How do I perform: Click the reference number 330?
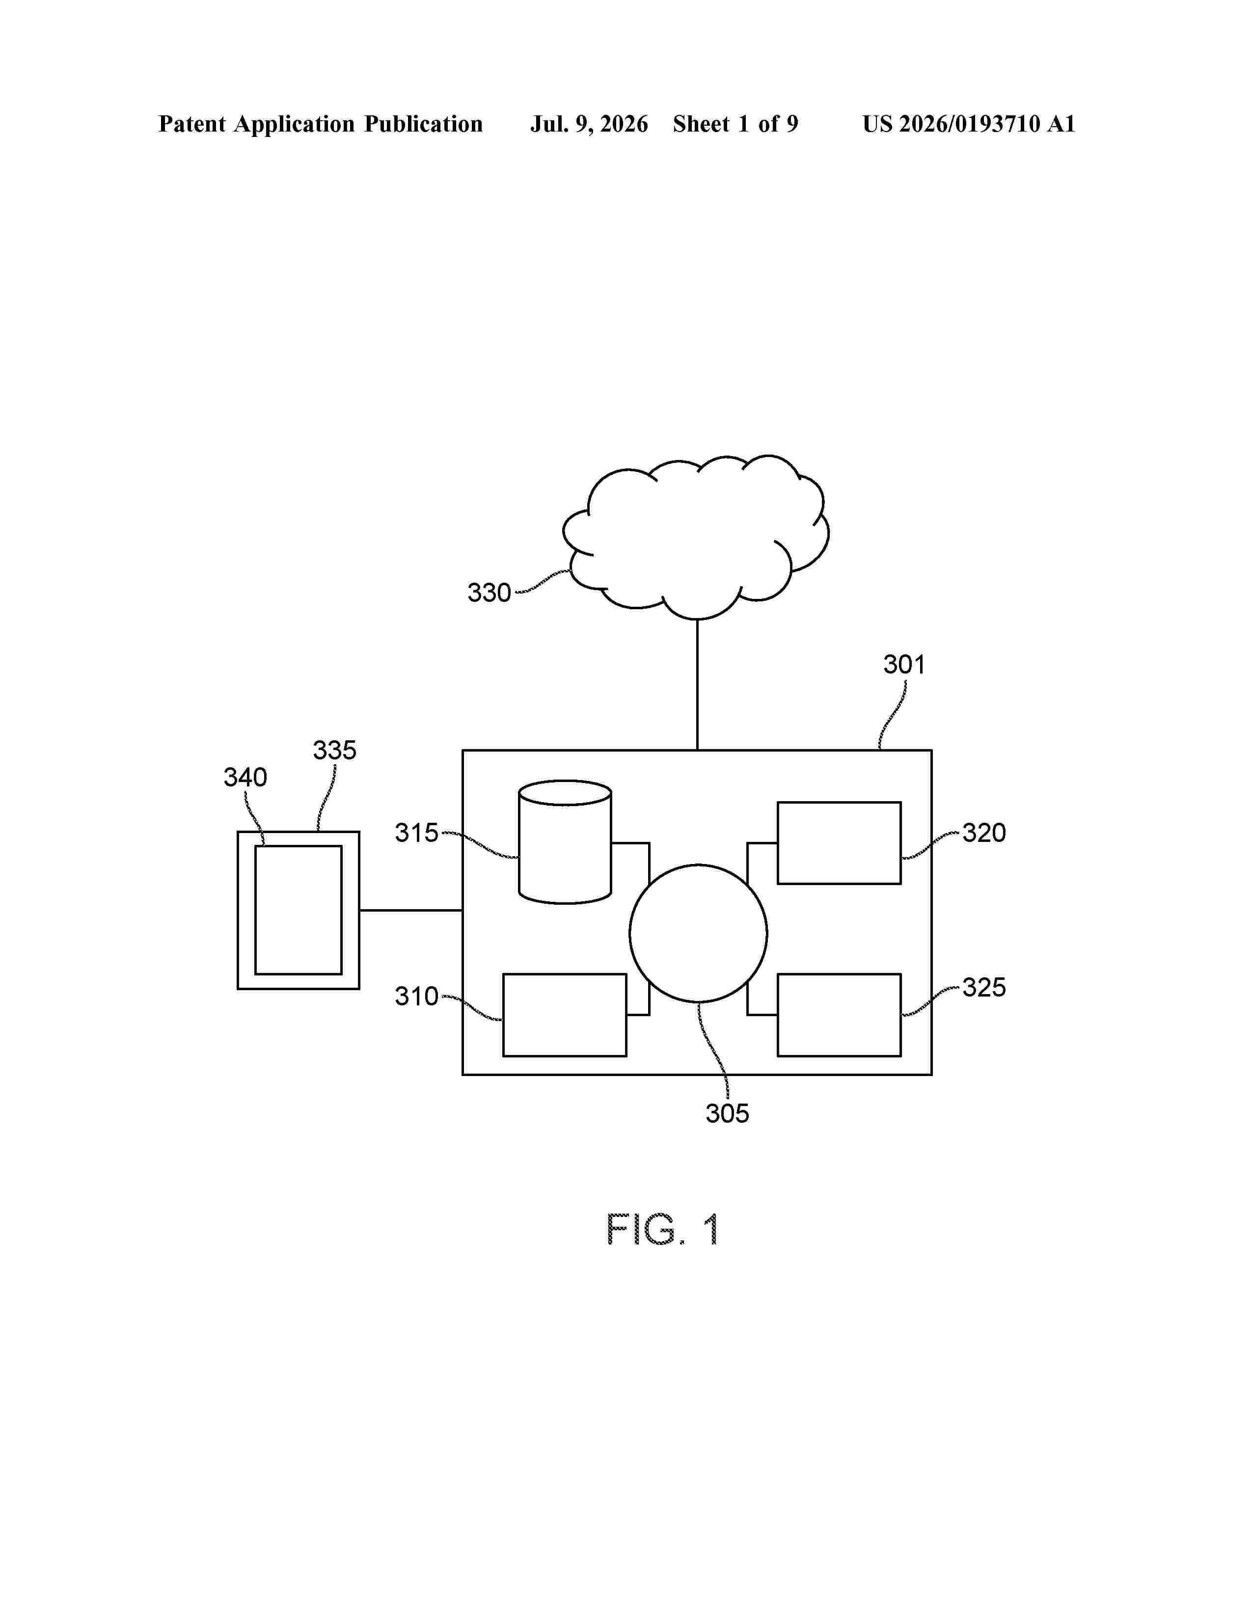coord(489,593)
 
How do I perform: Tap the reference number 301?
coord(904,665)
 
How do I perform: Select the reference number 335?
coord(334,751)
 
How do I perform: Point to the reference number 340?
coord(245,778)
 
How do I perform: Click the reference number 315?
coord(417,833)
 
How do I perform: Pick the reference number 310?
coord(417,996)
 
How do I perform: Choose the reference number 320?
coord(984,833)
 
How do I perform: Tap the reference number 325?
coord(984,987)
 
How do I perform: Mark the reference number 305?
coord(728,1113)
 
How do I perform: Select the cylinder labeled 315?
coord(565,842)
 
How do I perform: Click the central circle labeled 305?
coord(699,933)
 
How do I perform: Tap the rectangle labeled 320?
coord(840,842)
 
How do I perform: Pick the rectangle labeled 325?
coord(840,1015)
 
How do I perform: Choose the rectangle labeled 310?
coord(565,1015)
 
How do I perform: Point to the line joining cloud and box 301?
coord(697,685)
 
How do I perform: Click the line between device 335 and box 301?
coord(411,910)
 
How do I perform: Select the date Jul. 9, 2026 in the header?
coord(589,124)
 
